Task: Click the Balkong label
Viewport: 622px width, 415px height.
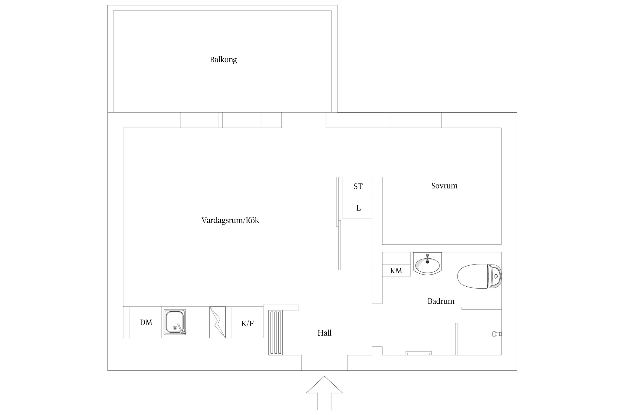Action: pyautogui.click(x=223, y=60)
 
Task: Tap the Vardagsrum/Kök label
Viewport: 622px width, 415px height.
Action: pyautogui.click(x=230, y=220)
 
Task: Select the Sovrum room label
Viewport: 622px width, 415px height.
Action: pyautogui.click(x=444, y=186)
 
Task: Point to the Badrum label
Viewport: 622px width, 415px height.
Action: pyautogui.click(x=441, y=301)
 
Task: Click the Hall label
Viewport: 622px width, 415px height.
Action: pyautogui.click(x=324, y=333)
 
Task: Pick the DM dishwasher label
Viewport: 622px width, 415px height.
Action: pyautogui.click(x=146, y=322)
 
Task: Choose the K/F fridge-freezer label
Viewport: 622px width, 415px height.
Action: pyautogui.click(x=247, y=323)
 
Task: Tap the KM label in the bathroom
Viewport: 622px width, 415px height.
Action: pyautogui.click(x=396, y=271)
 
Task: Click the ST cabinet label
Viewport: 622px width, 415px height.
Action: pyautogui.click(x=358, y=186)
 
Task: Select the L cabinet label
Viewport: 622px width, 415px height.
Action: pyautogui.click(x=359, y=208)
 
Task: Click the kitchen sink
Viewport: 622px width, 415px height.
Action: pyautogui.click(x=175, y=322)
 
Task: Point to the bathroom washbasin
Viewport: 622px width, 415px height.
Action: pyautogui.click(x=427, y=264)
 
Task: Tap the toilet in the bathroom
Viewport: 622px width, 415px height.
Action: pyautogui.click(x=479, y=276)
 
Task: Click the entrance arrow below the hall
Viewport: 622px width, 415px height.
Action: pyautogui.click(x=324, y=393)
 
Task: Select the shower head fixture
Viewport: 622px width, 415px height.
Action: pyautogui.click(x=497, y=334)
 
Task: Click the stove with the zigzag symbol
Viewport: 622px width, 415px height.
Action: pyautogui.click(x=217, y=322)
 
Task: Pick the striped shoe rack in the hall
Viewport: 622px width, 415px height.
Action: pyautogui.click(x=275, y=332)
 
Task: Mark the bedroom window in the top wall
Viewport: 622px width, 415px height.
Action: pyautogui.click(x=415, y=120)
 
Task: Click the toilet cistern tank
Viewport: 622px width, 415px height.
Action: pyautogui.click(x=495, y=276)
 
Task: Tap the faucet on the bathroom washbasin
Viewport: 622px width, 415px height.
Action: pyautogui.click(x=427, y=259)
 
